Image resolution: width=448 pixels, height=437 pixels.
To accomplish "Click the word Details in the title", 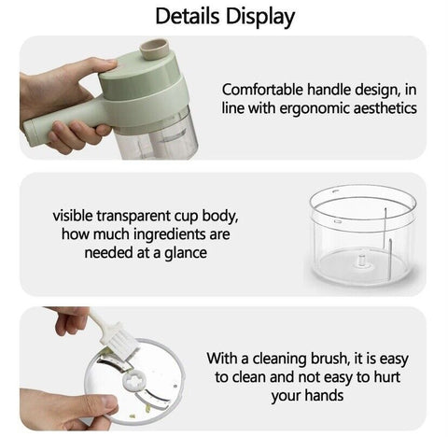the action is point(187,16).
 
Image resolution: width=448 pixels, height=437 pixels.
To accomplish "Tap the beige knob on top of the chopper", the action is point(154,49).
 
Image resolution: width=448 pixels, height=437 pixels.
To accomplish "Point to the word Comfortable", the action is point(262,90).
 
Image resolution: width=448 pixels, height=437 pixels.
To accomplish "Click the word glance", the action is point(186,253).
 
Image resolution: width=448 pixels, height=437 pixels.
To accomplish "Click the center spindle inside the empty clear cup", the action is point(361,261).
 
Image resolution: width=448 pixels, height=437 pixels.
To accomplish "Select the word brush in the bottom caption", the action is point(329,359).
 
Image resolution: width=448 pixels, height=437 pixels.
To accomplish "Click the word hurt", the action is point(387,377).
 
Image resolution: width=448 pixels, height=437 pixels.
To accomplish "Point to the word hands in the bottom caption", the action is point(324,396).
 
